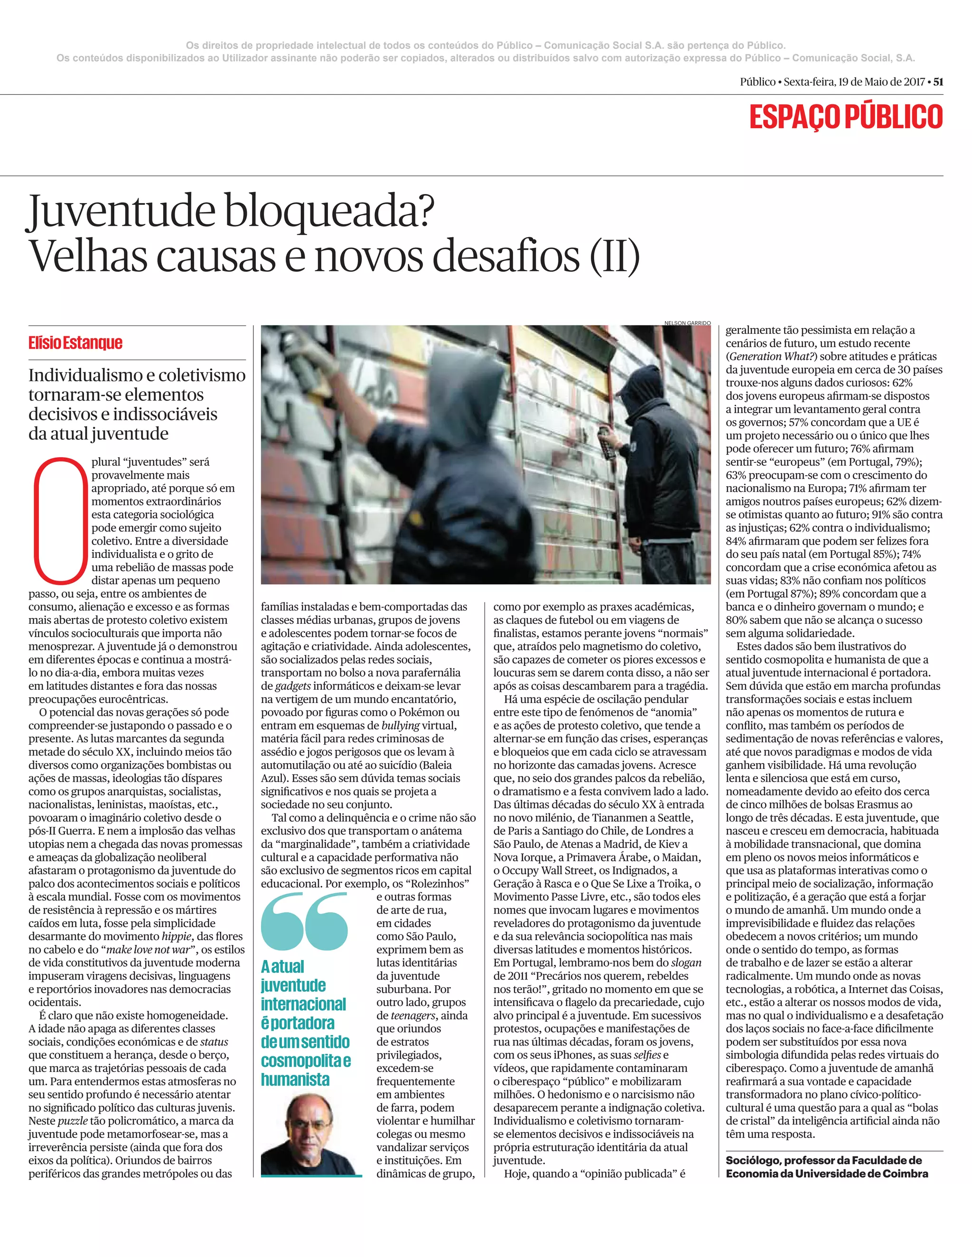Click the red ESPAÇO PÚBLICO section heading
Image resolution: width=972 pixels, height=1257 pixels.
click(845, 117)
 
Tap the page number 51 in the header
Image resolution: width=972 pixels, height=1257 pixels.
click(938, 82)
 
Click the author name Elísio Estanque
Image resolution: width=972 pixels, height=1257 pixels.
click(75, 343)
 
